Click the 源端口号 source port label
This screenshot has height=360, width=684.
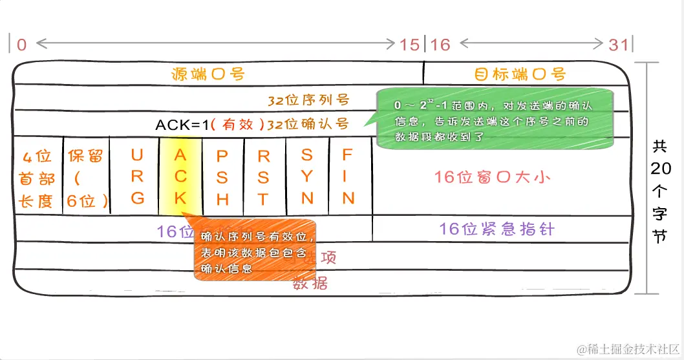coord(208,73)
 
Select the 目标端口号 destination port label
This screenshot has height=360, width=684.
coord(520,73)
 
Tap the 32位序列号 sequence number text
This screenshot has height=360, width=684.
coord(308,100)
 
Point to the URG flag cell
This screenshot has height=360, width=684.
coord(137,176)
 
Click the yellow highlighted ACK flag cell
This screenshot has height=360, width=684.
coord(180,176)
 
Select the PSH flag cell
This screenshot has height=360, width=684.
coord(222,176)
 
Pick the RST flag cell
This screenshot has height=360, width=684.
coord(264,176)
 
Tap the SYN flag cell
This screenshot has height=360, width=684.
coord(307,176)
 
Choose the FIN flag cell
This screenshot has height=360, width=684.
coord(348,176)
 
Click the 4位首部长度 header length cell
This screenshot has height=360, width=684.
coord(37,179)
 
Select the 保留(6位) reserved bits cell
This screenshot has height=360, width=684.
coord(86,179)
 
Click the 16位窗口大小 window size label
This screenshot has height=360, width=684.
coord(492,176)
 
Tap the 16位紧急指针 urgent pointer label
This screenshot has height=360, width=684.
coord(497,229)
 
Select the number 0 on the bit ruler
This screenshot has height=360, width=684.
coord(22,45)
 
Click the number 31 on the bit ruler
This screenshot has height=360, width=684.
coord(618,45)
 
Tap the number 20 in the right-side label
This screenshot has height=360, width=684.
coord(661,169)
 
